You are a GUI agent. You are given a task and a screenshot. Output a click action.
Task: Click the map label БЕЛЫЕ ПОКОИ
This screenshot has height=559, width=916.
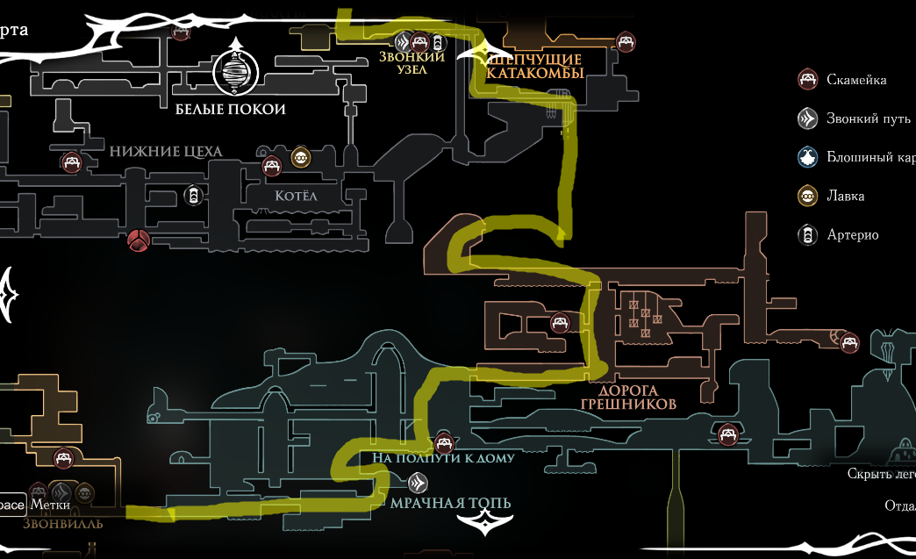[x=230, y=110]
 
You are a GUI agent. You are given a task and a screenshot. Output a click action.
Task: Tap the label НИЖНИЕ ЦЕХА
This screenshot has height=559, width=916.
[x=166, y=151]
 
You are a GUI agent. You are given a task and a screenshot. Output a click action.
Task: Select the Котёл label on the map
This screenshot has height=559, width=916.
[x=295, y=196]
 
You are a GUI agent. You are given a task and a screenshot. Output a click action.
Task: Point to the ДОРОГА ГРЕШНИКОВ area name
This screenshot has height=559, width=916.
[x=628, y=398]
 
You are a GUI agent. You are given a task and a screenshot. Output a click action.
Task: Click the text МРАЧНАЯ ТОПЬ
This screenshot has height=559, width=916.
[x=450, y=503]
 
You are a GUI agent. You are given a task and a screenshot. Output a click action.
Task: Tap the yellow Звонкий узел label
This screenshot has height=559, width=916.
[x=411, y=63]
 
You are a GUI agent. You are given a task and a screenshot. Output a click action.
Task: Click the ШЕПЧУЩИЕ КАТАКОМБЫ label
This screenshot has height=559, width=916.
[x=535, y=66]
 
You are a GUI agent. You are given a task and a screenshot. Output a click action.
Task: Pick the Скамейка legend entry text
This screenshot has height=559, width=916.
[x=855, y=80]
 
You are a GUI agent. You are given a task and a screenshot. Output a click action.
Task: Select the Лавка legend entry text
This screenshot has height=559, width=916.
[x=845, y=196]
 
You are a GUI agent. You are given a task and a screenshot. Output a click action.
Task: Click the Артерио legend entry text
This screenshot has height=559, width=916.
[x=852, y=234]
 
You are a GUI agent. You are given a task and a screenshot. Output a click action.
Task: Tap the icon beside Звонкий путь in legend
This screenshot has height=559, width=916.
[x=807, y=118]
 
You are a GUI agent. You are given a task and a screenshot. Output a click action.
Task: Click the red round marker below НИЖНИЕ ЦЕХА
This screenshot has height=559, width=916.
[x=138, y=240]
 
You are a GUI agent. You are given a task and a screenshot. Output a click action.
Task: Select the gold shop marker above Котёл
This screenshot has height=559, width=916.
[x=301, y=157]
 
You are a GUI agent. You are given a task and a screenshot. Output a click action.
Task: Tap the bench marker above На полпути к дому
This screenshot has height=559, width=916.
[x=444, y=442]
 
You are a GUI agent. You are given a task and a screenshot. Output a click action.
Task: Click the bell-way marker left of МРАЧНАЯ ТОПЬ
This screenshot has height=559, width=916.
[x=419, y=482]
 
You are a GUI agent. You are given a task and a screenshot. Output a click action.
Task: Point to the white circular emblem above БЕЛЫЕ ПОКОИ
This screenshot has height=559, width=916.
[x=234, y=73]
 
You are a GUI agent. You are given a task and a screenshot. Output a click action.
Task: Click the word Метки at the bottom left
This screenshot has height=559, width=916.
[x=50, y=505]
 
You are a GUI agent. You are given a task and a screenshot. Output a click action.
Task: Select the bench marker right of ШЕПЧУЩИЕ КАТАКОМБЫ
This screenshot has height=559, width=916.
[x=625, y=40]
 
